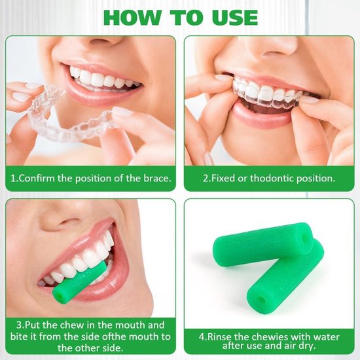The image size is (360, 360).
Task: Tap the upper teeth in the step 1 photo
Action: click(x=98, y=79)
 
